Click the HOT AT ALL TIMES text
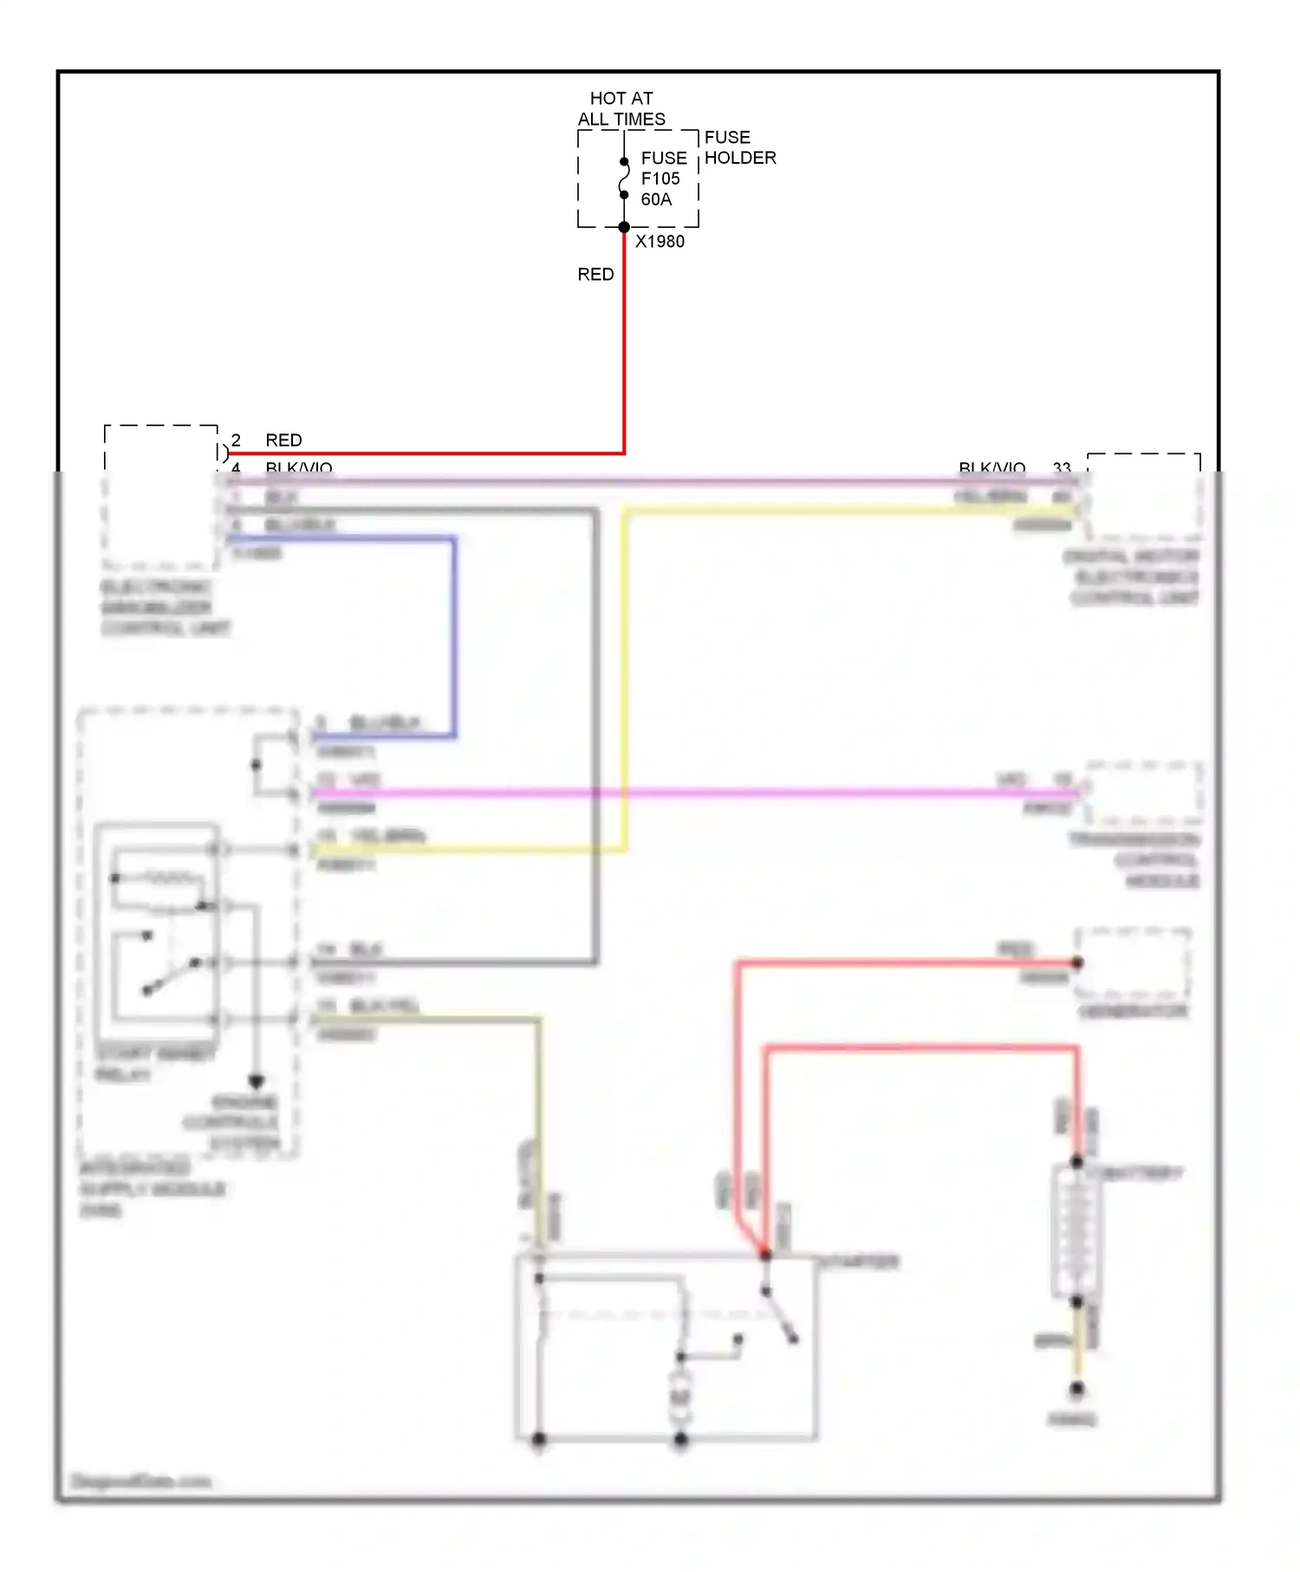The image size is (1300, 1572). pyautogui.click(x=621, y=109)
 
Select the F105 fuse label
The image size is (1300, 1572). pyautogui.click(x=660, y=179)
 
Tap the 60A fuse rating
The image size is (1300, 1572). pyautogui.click(x=656, y=199)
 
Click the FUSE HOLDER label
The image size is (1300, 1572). pyautogui.click(x=739, y=147)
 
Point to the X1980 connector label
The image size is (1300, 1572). pyautogui.click(x=660, y=242)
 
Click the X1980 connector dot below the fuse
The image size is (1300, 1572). pyautogui.click(x=624, y=227)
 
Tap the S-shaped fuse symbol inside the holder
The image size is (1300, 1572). pyautogui.click(x=624, y=179)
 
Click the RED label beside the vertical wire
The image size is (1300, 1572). pyautogui.click(x=595, y=275)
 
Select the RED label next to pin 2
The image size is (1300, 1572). pyautogui.click(x=283, y=440)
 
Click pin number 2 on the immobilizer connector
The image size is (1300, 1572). pyautogui.click(x=236, y=440)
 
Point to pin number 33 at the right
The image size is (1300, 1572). pyautogui.click(x=1062, y=468)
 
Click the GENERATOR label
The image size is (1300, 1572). pyautogui.click(x=1132, y=1011)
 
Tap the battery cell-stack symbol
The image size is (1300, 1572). pyautogui.click(x=1076, y=1231)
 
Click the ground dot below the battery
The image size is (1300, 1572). pyautogui.click(x=1076, y=1388)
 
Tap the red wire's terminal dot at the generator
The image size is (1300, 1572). pyautogui.click(x=1077, y=963)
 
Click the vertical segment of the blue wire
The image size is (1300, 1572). pyautogui.click(x=453, y=637)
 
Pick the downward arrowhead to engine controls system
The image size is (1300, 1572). pyautogui.click(x=256, y=1082)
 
